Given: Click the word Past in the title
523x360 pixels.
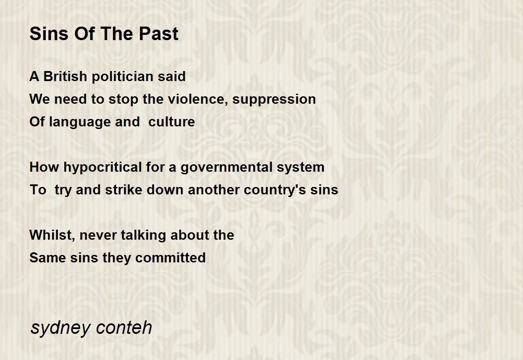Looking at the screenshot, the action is [159, 34].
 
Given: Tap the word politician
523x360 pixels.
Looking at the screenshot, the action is [122, 77].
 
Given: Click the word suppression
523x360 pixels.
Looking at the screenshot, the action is [274, 100].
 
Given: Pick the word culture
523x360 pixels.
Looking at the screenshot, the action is [172, 122].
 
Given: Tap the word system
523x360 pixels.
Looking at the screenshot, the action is [301, 168].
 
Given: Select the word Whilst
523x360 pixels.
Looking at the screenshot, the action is [52, 235].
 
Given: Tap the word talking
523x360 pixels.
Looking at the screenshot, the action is [143, 235].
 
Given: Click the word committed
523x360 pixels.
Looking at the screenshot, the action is [170, 258].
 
